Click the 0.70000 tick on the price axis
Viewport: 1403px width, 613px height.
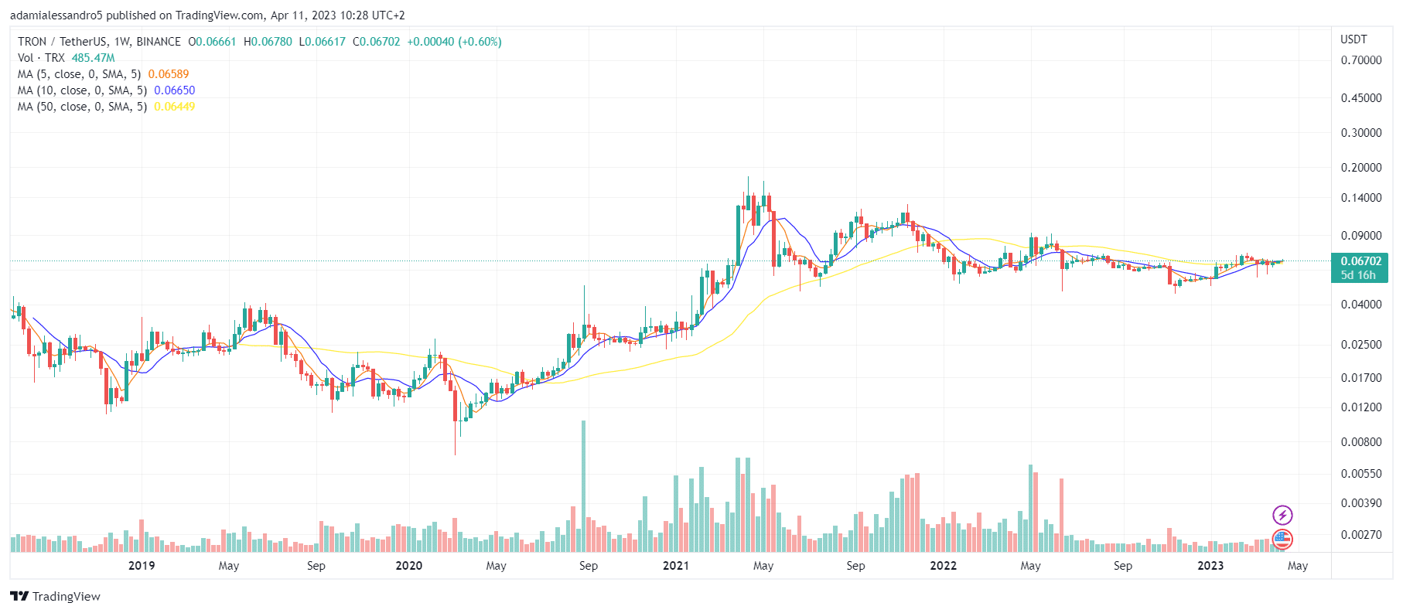pos(1360,60)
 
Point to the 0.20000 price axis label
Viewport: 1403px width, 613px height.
pos(1360,168)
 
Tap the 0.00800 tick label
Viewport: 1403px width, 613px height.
pos(1360,442)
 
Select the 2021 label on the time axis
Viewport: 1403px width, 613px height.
pos(675,566)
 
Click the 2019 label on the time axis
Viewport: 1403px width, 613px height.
pos(141,566)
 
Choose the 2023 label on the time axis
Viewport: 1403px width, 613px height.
pos(1210,566)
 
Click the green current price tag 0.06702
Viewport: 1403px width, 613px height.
pos(1360,261)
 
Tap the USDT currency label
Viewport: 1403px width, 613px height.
pos(1354,39)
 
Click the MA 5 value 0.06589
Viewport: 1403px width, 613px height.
pos(168,74)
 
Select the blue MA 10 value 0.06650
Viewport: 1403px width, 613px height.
pos(174,90)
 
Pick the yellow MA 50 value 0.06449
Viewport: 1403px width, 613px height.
pos(174,107)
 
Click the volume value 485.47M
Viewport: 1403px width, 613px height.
pos(93,58)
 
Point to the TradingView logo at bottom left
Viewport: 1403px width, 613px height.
pos(55,596)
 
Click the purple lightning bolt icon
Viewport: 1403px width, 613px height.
pos(1282,515)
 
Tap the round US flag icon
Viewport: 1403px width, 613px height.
pos(1282,538)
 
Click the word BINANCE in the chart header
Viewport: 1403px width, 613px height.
pos(159,42)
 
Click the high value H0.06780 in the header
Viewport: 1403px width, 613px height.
pos(268,42)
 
